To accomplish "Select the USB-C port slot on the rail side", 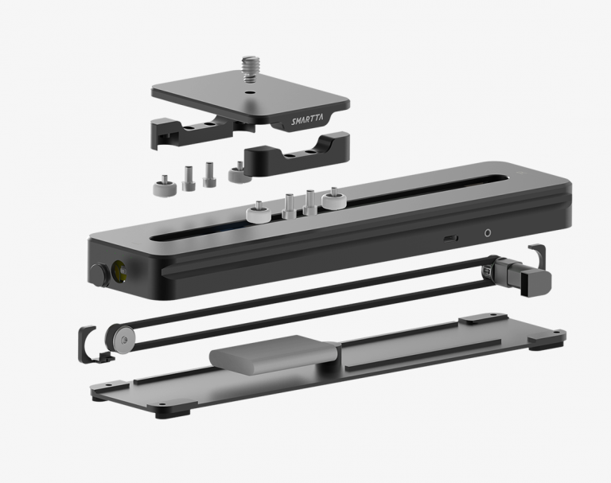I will (450, 239).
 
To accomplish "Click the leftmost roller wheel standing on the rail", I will (259, 214).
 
